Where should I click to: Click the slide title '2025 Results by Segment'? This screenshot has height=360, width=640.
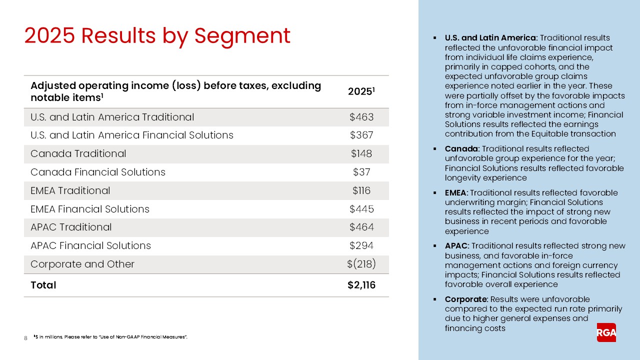coord(157,36)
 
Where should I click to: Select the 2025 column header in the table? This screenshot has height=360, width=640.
coord(361,92)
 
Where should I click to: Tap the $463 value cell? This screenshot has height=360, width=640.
coord(361,117)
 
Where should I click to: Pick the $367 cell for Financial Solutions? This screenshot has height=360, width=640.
coord(361,135)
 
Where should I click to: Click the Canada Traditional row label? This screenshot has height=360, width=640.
coord(78,154)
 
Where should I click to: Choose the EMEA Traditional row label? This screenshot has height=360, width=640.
coord(70,190)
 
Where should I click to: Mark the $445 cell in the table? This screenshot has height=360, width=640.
coord(361,209)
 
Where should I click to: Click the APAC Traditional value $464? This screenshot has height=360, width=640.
coord(361,227)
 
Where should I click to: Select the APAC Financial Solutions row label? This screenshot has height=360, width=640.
coord(90,245)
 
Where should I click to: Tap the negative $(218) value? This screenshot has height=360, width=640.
coord(361,264)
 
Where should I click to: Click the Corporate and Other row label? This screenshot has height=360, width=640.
coord(82,264)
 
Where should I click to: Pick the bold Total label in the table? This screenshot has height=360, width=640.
coord(43,285)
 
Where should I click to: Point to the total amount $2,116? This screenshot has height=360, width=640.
coord(361,285)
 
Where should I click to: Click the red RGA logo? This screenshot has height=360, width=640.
coord(606,332)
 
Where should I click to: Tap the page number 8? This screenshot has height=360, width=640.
coord(25,338)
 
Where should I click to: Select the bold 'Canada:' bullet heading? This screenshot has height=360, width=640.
coord(462,149)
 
